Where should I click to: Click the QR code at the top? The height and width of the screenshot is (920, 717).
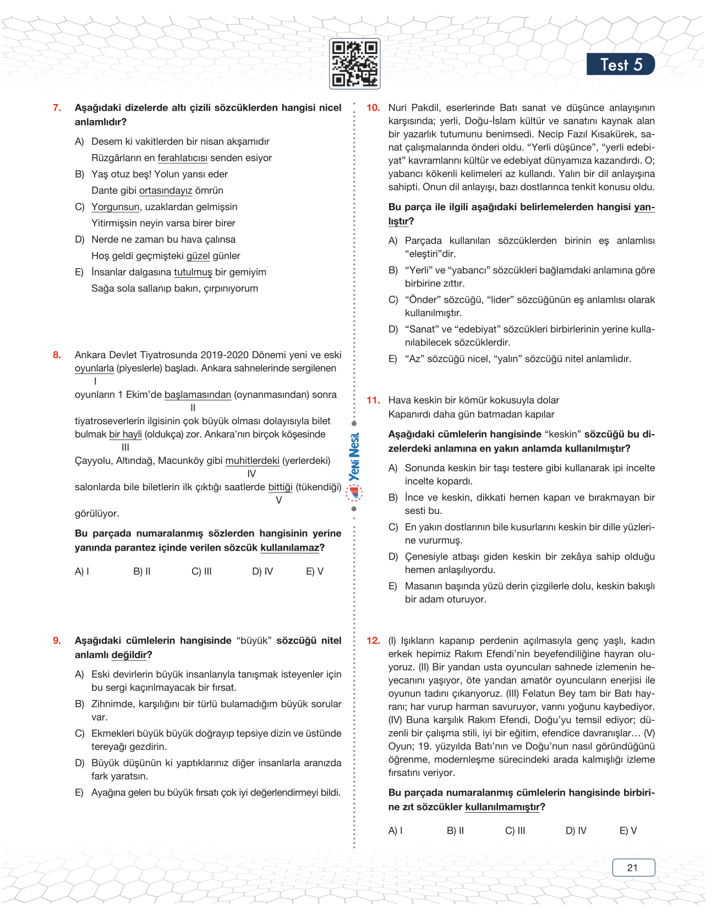pyautogui.click(x=354, y=64)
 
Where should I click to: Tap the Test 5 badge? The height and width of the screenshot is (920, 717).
pyautogui.click(x=620, y=64)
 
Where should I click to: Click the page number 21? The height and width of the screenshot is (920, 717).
pyautogui.click(x=633, y=868)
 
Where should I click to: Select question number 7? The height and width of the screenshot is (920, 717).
pyautogui.click(x=57, y=108)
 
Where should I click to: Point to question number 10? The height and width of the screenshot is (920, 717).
pyautogui.click(x=373, y=108)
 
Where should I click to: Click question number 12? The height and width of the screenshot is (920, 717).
pyautogui.click(x=373, y=640)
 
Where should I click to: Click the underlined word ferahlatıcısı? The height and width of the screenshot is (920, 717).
pyautogui.click(x=182, y=158)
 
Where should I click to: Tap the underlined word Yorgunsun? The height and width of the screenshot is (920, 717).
pyautogui.click(x=115, y=207)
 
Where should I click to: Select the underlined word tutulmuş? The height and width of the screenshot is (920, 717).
pyautogui.click(x=193, y=272)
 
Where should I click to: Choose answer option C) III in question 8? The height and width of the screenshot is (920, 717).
pyautogui.click(x=201, y=572)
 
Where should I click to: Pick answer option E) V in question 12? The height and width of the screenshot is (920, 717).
pyautogui.click(x=628, y=831)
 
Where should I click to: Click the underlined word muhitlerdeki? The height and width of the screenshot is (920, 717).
pyautogui.click(x=252, y=461)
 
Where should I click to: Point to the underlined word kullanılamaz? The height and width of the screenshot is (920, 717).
pyautogui.click(x=289, y=548)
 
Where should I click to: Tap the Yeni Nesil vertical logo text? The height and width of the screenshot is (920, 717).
pyautogui.click(x=354, y=457)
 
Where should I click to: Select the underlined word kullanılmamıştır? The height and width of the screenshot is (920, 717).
pyautogui.click(x=502, y=807)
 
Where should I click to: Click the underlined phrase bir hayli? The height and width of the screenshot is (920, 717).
pyautogui.click(x=125, y=434)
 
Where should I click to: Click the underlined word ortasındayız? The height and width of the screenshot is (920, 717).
pyautogui.click(x=165, y=190)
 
